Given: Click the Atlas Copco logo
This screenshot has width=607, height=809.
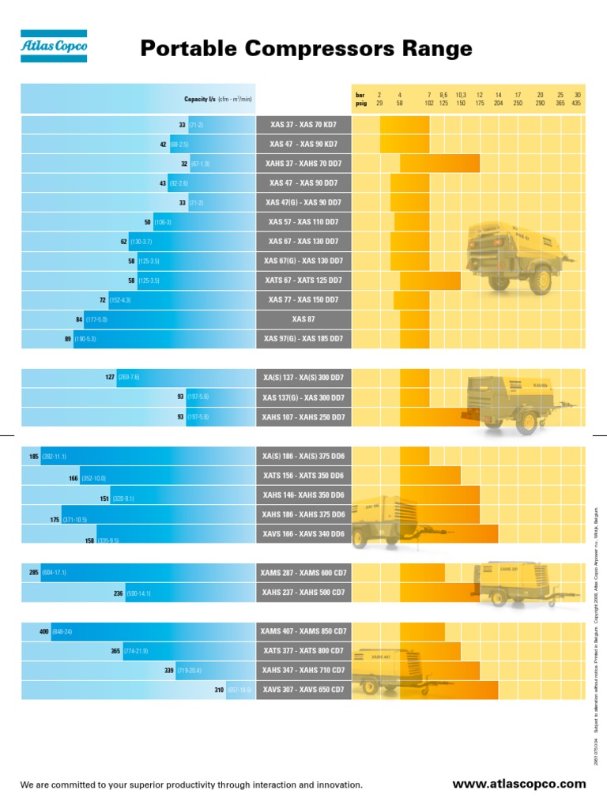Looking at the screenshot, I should coord(54,47).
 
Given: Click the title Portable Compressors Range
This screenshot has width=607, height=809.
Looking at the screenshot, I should coord(306,49).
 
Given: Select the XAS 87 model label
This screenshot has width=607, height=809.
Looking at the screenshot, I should coord(303,319).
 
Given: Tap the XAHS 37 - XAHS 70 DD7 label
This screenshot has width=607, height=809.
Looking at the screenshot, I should coord(303,164).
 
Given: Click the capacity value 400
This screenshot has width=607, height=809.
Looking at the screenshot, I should coord(44,631).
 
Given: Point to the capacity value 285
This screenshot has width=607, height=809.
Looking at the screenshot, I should coord(34,572).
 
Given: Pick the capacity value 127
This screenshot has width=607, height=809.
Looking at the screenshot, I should coord(110,378).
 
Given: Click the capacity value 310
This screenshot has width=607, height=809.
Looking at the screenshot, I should coord(219,690).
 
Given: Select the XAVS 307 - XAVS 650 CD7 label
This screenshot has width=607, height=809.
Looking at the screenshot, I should coord(303,690).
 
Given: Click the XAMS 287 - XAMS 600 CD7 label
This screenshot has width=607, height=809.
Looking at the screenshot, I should coord(303,572).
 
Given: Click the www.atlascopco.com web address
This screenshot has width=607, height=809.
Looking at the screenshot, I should coord(518,784).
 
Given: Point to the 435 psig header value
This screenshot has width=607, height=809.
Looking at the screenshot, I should coord(577,103).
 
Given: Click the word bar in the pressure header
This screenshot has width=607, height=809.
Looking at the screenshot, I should coord(360,94).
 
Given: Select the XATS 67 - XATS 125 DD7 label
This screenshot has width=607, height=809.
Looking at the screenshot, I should coord(303,280).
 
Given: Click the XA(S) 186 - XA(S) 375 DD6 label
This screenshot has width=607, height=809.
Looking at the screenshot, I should coord(303,457).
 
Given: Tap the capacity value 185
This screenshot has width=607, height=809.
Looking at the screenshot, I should coord(34,457).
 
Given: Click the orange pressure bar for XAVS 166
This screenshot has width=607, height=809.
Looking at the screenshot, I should coord(449,534).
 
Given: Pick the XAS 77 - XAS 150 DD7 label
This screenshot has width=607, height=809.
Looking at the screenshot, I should coord(303,300).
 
